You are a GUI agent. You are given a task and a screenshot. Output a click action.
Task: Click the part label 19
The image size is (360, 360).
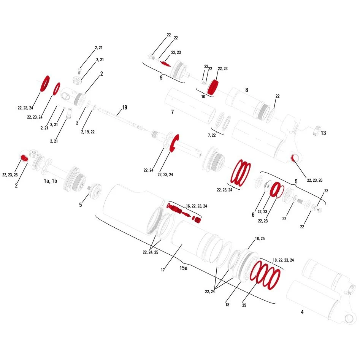click(124, 108)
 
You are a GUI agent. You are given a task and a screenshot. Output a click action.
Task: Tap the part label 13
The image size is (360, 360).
click(323, 133)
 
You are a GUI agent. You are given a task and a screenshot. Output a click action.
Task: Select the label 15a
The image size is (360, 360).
click(183, 268)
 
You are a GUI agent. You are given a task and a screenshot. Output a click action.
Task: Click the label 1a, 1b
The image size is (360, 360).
click(50, 181)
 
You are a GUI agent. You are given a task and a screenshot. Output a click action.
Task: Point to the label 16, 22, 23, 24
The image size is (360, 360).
click(196, 206)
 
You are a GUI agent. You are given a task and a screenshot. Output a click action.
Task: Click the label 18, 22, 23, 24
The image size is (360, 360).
click(283, 260)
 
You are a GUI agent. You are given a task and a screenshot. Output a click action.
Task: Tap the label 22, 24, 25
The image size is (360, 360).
click(151, 252)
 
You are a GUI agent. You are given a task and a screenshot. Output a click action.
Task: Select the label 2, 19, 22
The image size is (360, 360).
click(88, 132)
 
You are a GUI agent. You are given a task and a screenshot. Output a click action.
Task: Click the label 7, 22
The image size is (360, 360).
click(212, 135)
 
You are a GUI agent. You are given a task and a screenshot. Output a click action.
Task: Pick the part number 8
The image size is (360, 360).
click(247, 90)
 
